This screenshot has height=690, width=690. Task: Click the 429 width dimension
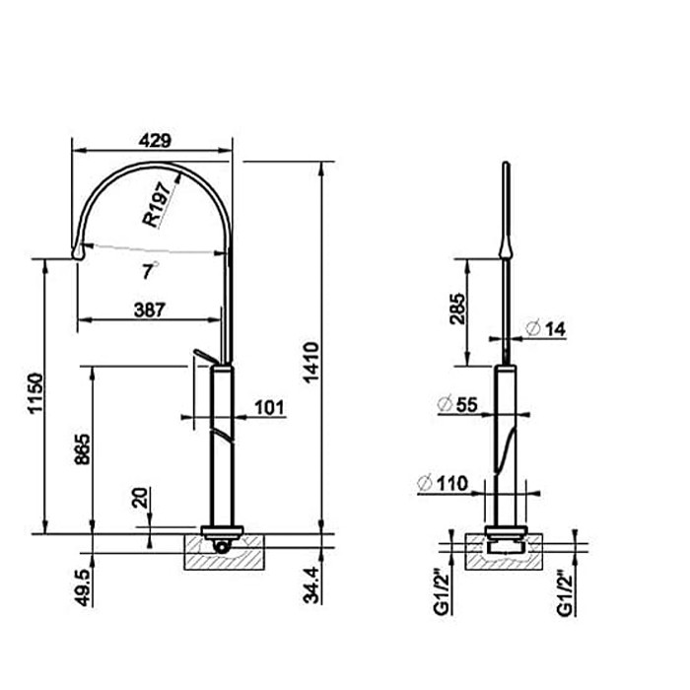click(x=155, y=141)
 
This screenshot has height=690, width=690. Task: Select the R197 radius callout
click(x=157, y=205)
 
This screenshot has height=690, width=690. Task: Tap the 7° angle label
click(x=149, y=270)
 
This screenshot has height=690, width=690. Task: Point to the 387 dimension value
click(x=150, y=310)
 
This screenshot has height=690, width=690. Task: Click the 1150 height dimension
click(x=35, y=393)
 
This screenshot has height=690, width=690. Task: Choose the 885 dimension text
click(x=82, y=449)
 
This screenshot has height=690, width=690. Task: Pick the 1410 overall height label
click(x=311, y=363)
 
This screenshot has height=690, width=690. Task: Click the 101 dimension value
click(x=269, y=407)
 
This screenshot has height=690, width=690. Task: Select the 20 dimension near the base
click(x=141, y=498)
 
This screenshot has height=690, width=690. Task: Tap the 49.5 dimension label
click(x=83, y=587)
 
